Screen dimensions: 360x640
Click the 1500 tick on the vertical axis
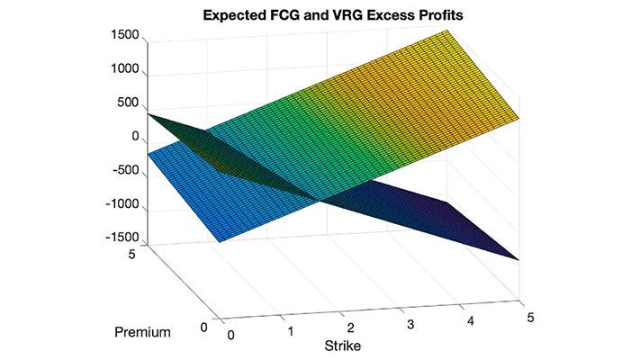point(122,36)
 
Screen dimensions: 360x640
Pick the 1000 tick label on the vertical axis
point(122,69)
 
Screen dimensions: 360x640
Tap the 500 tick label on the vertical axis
point(126,103)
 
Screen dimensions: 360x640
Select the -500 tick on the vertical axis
point(124,171)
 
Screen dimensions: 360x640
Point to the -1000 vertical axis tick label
point(120,204)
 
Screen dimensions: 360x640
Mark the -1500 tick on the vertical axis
point(120,238)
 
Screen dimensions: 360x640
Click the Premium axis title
point(142,333)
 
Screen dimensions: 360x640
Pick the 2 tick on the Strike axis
point(351,328)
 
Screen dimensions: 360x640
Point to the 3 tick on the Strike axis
point(410,323)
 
